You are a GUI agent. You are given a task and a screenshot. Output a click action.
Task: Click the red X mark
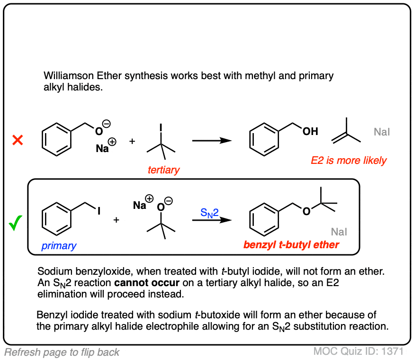tap(18, 140)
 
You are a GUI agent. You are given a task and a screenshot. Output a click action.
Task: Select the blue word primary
tap(59, 246)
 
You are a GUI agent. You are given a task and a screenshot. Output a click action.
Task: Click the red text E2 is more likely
tap(349, 160)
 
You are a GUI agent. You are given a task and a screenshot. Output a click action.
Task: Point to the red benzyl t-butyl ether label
tap(291, 245)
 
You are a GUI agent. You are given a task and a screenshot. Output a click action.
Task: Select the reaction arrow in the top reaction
tap(211, 141)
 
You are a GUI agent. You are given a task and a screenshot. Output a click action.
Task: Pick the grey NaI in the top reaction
tap(382, 132)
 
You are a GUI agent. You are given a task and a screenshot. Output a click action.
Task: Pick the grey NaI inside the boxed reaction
tap(339, 232)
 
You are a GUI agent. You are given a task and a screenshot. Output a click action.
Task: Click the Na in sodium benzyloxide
tap(103, 148)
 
